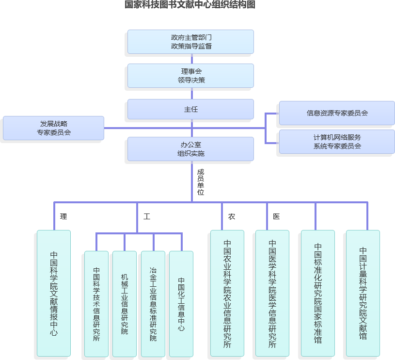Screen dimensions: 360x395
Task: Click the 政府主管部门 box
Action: pyautogui.click(x=190, y=42)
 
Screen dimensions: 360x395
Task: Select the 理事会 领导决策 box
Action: pyautogui.click(x=190, y=76)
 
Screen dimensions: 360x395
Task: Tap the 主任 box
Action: pyautogui.click(x=190, y=109)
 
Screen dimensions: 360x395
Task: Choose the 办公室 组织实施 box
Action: pyautogui.click(x=190, y=148)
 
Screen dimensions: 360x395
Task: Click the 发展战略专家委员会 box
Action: pyautogui.click(x=53, y=128)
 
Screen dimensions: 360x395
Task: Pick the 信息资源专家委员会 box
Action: pyautogui.click(x=337, y=113)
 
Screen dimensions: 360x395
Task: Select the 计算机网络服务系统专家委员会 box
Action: pyautogui.click(x=337, y=142)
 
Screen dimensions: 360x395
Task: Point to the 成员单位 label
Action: pyautogui.click(x=200, y=182)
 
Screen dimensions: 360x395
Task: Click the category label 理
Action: pyautogui.click(x=63, y=216)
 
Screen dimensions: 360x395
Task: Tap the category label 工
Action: pyautogui.click(x=146, y=216)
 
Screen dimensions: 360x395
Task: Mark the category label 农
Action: pyautogui.click(x=232, y=216)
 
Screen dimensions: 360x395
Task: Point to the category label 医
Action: pyautogui.click(x=276, y=216)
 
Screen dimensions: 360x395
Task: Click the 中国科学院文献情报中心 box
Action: pyautogui.click(x=54, y=293)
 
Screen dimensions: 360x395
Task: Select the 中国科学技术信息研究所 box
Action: pyautogui.click(x=96, y=304)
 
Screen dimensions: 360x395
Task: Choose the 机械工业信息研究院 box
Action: pyautogui.click(x=125, y=304)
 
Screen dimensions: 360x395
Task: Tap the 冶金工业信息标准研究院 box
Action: pyautogui.click(x=153, y=304)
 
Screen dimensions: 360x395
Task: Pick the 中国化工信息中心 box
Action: pyautogui.click(x=181, y=304)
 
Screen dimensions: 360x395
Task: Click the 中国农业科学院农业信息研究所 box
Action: pyautogui.click(x=227, y=293)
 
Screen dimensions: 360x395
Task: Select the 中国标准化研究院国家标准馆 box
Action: pyautogui.click(x=317, y=293)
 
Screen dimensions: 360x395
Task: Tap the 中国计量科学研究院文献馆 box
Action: pyautogui.click(x=363, y=293)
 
